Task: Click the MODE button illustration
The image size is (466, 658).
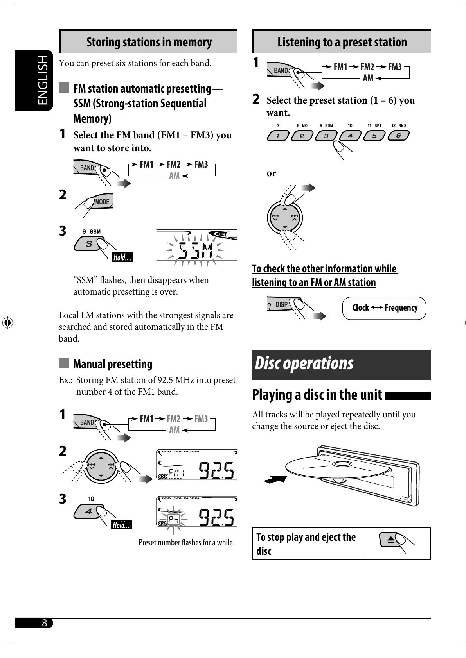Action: (103, 202)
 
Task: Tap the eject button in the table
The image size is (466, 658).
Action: (390, 540)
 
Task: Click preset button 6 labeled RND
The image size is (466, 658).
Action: (398, 136)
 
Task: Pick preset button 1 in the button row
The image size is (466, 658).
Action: (278, 136)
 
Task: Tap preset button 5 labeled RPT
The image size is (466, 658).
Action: (374, 136)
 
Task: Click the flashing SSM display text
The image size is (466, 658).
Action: (195, 250)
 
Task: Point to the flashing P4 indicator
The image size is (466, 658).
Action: (173, 519)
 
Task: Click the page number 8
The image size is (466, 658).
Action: (44, 623)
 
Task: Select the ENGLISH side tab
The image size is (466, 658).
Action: (42, 80)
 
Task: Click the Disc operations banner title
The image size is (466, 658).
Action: (304, 363)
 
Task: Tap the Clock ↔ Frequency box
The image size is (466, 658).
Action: (384, 308)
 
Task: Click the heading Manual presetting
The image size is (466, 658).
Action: (113, 364)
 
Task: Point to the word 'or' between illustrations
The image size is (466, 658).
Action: (271, 173)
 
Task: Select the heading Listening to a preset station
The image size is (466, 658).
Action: (342, 42)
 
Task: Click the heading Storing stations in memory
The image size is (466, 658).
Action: (149, 42)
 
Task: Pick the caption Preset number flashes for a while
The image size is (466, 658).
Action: (186, 542)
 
